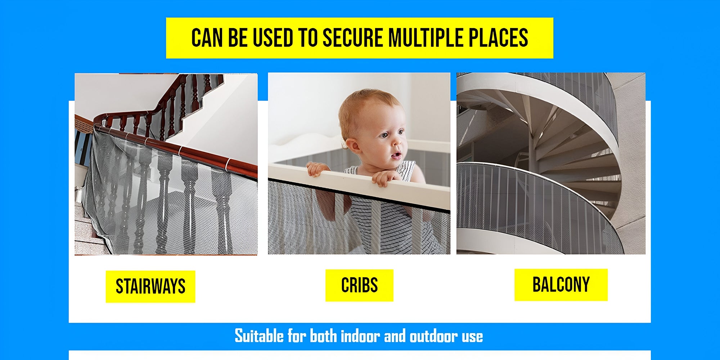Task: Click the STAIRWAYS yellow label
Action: point(150,287)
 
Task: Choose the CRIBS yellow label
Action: point(359,285)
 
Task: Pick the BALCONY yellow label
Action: point(561,285)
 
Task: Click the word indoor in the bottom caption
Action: point(360,336)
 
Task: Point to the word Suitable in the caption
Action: point(259,336)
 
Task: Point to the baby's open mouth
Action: point(396,155)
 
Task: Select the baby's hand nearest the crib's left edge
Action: point(317,169)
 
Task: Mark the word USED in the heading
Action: point(273,38)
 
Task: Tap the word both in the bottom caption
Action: point(323,336)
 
